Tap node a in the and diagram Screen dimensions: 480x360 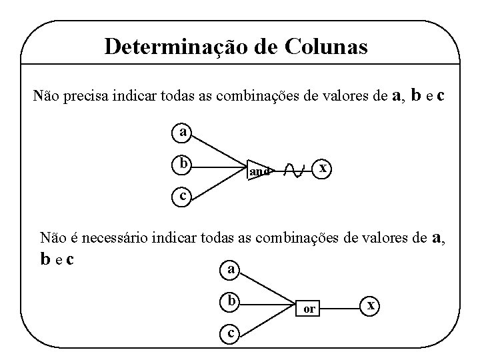(181, 132)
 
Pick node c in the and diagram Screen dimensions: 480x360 (181, 196)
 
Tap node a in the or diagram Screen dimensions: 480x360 (230, 270)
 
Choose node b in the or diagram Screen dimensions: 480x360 (230, 301)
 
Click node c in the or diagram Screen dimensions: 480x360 (230, 332)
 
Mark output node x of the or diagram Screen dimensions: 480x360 (372, 305)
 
